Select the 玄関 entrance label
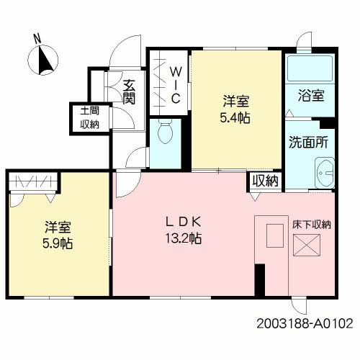click(129, 91)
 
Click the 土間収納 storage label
click(90, 118)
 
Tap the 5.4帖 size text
click(235, 118)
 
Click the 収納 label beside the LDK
click(266, 181)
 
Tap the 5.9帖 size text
click(58, 243)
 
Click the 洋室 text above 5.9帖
click(58, 227)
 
